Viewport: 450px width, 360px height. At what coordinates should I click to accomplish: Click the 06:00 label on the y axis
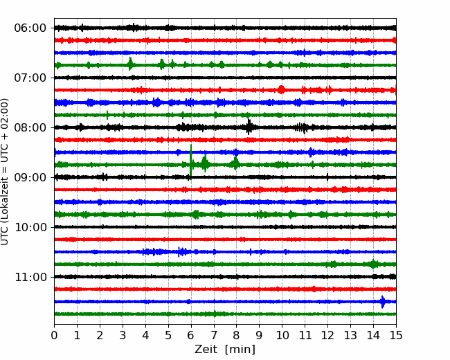pyautogui.click(x=30, y=28)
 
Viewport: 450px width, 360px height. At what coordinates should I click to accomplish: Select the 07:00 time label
pyautogui.click(x=30, y=78)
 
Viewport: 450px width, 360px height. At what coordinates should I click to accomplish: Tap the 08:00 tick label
pyautogui.click(x=30, y=127)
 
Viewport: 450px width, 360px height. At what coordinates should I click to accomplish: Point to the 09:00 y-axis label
pyautogui.click(x=30, y=177)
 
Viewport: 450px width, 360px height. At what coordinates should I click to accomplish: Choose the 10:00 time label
pyautogui.click(x=30, y=227)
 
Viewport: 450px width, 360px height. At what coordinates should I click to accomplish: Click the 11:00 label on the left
pyautogui.click(x=30, y=277)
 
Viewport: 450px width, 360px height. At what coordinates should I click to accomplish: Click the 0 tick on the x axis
pyautogui.click(x=54, y=335)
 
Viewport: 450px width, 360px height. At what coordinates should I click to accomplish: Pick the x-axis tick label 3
pyautogui.click(x=123, y=335)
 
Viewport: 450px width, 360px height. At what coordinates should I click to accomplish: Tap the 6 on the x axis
pyautogui.click(x=191, y=335)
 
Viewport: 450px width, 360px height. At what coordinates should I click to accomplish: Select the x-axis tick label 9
pyautogui.click(x=259, y=335)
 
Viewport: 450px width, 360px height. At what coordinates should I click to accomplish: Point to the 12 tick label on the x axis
pyautogui.click(x=327, y=335)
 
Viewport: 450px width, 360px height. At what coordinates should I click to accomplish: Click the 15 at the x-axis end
pyautogui.click(x=396, y=335)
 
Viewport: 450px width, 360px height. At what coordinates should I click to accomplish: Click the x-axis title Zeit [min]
pyautogui.click(x=225, y=350)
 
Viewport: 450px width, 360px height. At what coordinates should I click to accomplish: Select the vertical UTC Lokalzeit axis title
pyautogui.click(x=5, y=172)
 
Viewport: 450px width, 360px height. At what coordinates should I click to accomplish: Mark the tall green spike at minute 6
pyautogui.click(x=191, y=162)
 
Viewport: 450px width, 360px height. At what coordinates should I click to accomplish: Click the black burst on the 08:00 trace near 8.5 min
pyautogui.click(x=249, y=127)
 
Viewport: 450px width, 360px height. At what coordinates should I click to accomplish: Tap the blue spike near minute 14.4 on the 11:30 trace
pyautogui.click(x=383, y=302)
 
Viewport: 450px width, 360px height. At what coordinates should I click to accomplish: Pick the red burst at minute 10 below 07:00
pyautogui.click(x=281, y=89)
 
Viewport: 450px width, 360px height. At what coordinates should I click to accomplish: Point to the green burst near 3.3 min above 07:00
pyautogui.click(x=130, y=64)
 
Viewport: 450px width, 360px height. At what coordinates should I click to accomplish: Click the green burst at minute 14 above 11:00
pyautogui.click(x=373, y=264)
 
